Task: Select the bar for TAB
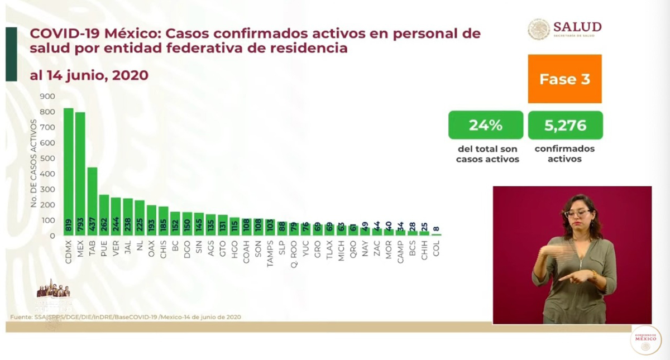coord(92,201)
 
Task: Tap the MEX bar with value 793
coord(80,174)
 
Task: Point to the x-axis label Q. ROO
coord(294,249)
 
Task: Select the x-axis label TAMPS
coord(270,249)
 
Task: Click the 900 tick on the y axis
coord(47,97)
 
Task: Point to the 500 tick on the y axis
coord(47,159)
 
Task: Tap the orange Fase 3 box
coord(564,79)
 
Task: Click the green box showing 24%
coord(485,125)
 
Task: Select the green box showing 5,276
coord(565,125)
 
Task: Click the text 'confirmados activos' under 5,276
coord(564,154)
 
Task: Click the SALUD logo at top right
coord(564,29)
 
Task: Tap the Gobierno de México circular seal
coord(645,340)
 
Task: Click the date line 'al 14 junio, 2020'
coord(89,75)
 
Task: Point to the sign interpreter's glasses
coord(577,213)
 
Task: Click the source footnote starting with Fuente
coord(126,317)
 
